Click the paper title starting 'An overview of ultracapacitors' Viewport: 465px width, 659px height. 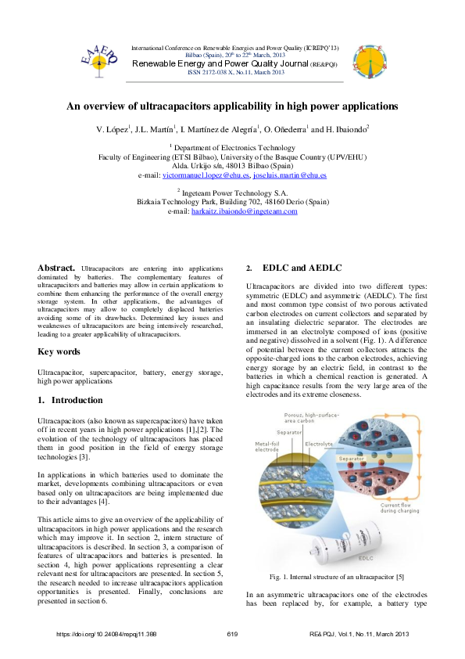[x=232, y=106]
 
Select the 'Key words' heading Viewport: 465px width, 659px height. [x=59, y=351]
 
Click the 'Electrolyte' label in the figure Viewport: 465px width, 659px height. [x=319, y=444]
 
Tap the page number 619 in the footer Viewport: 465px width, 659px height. [x=232, y=633]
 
